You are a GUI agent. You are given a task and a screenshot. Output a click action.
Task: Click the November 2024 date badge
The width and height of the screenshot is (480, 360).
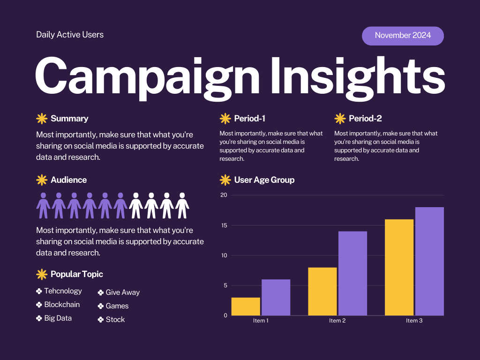click(403, 36)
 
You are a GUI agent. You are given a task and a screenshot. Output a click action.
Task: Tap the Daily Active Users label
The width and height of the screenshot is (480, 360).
click(70, 35)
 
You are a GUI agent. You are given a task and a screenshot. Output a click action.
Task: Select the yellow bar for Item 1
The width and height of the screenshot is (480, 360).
click(246, 307)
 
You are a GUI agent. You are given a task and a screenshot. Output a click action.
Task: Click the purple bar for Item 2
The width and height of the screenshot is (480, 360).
click(352, 273)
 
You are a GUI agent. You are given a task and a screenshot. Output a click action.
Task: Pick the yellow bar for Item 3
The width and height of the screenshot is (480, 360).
click(399, 267)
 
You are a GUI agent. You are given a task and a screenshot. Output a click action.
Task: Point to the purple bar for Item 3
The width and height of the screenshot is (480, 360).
click(429, 262)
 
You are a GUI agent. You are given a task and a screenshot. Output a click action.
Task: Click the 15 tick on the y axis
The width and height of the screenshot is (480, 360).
click(224, 225)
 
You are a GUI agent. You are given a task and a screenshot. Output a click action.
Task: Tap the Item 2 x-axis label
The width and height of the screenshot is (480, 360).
click(337, 321)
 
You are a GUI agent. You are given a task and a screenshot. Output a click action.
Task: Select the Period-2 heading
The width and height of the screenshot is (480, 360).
click(365, 119)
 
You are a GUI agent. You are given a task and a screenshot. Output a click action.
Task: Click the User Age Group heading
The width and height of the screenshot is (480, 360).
click(264, 180)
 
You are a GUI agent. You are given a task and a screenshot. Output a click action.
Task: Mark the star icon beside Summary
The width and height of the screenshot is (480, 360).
click(42, 119)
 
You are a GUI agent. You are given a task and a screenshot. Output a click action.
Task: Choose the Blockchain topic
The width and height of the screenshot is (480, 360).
click(62, 305)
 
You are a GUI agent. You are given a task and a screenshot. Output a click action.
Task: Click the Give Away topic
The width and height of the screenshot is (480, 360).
click(122, 292)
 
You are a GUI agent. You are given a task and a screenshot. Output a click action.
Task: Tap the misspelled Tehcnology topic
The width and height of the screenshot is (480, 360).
click(63, 291)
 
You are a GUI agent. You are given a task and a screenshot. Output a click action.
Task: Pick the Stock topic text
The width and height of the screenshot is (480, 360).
click(115, 320)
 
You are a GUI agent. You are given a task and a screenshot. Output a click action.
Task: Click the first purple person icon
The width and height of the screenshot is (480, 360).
click(43, 205)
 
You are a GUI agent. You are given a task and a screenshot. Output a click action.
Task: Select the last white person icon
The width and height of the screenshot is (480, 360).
click(182, 205)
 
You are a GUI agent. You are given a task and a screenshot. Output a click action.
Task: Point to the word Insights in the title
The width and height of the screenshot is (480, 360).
click(358, 76)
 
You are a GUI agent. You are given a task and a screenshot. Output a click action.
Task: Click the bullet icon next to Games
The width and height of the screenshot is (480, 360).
click(100, 306)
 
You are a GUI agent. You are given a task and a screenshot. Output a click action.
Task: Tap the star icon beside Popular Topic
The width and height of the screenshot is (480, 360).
click(42, 274)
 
